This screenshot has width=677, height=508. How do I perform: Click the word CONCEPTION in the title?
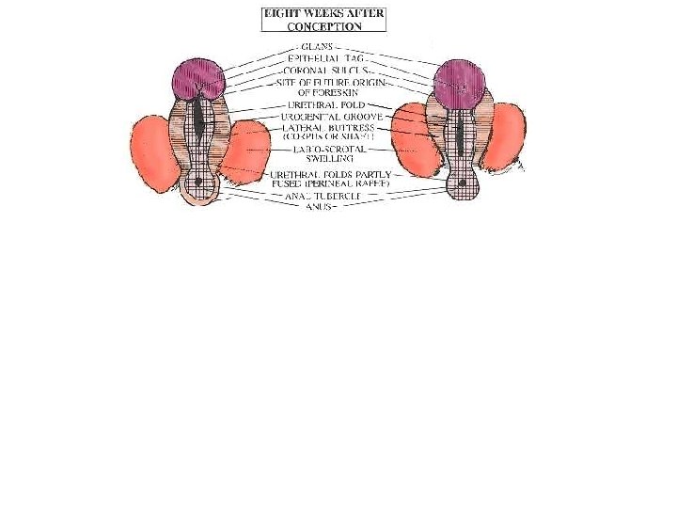[323, 26]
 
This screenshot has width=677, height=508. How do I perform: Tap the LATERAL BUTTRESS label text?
[328, 127]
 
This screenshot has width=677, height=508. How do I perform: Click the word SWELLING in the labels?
[325, 159]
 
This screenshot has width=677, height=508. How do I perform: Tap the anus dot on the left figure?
[200, 181]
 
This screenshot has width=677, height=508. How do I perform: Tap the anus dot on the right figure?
[463, 182]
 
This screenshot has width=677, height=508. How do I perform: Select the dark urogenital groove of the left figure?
[199, 122]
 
